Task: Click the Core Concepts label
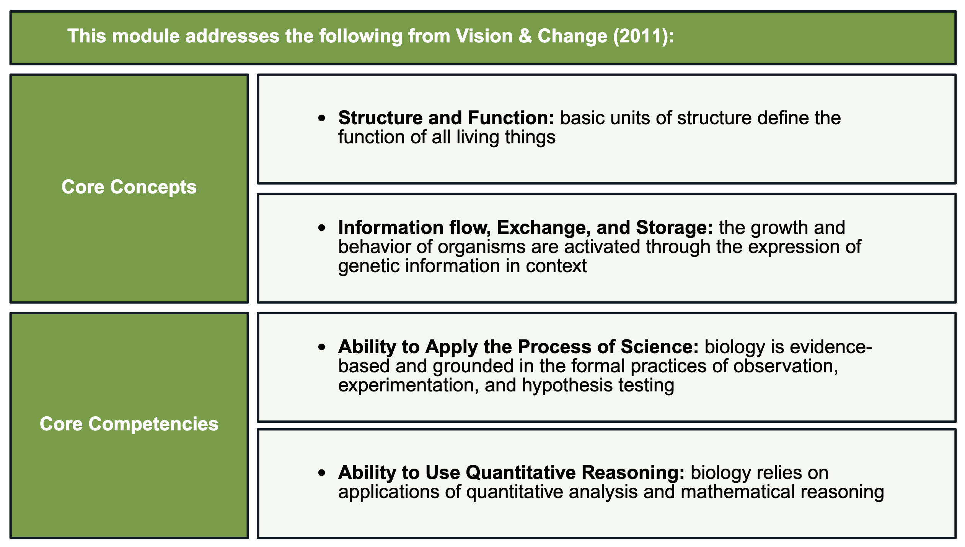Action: tap(129, 187)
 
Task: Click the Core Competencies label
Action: tap(129, 424)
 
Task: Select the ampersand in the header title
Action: tap(525, 36)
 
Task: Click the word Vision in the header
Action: tap(484, 36)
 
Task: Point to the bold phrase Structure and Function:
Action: tap(446, 118)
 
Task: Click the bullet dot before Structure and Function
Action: tap(322, 118)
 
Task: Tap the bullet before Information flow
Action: tap(322, 228)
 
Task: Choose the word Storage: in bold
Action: tap(674, 227)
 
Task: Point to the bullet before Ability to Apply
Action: tap(322, 347)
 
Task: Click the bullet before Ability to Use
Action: tap(322, 473)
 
